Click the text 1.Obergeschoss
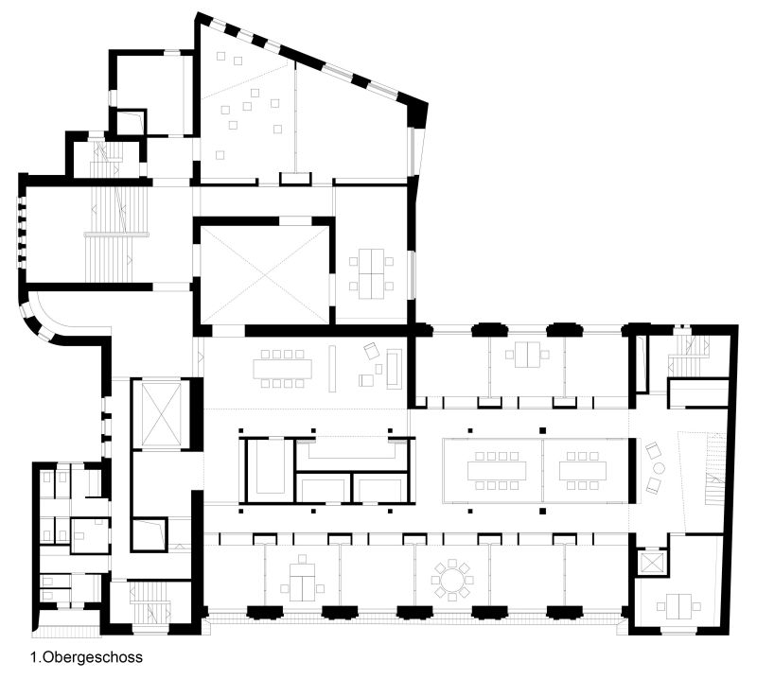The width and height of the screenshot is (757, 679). click(x=87, y=657)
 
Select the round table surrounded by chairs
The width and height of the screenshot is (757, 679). click(x=452, y=580)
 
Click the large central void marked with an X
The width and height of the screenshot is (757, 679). click(x=264, y=275)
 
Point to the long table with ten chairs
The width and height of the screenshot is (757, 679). click(x=282, y=369)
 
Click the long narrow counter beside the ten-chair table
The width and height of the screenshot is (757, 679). click(x=333, y=369)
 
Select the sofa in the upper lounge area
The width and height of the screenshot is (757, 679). click(x=394, y=369)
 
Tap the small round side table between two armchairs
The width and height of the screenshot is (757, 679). click(x=659, y=467)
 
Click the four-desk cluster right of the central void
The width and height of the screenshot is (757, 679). click(x=371, y=273)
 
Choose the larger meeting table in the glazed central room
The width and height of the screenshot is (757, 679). click(x=496, y=470)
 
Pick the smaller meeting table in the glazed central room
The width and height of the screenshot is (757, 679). click(x=582, y=470)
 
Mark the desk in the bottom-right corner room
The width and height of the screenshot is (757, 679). click(x=678, y=606)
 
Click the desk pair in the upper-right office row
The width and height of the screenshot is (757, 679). click(x=527, y=355)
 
